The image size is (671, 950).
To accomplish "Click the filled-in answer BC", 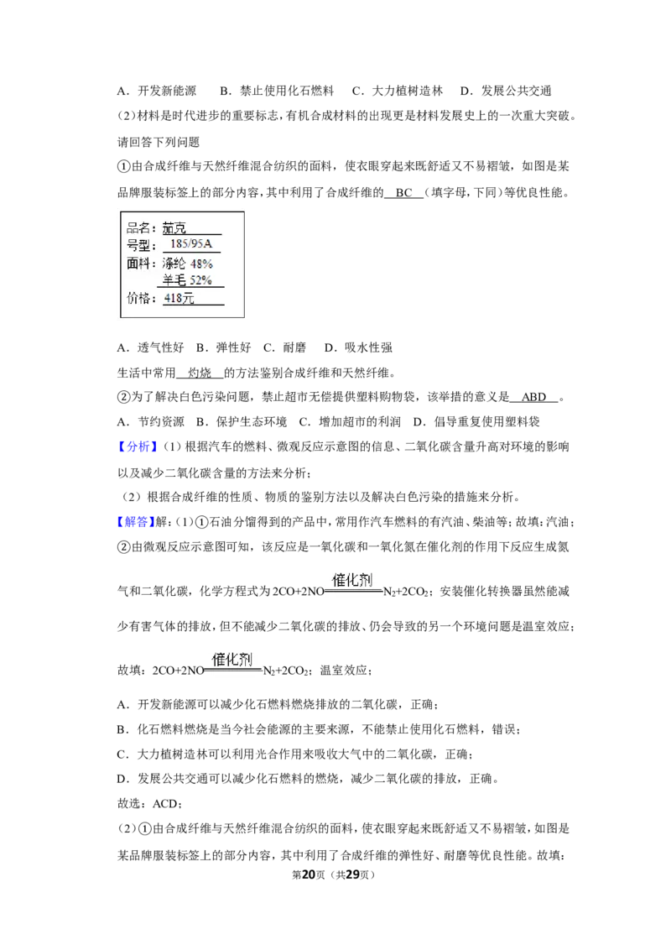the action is pyautogui.click(x=404, y=193).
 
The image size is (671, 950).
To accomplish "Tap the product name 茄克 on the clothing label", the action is pyautogui.click(x=174, y=227).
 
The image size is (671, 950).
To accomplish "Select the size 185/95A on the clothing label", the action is pyautogui.click(x=191, y=244).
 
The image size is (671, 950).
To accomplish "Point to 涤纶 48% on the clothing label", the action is pyautogui.click(x=187, y=264).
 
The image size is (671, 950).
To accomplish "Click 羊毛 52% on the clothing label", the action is pyautogui.click(x=187, y=280).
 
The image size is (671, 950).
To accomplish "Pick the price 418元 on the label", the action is pyautogui.click(x=179, y=298).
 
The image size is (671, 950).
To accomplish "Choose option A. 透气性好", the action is pyautogui.click(x=150, y=347).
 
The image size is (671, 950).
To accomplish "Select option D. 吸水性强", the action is pyautogui.click(x=358, y=347).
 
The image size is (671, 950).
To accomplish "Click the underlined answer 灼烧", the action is pyautogui.click(x=200, y=373).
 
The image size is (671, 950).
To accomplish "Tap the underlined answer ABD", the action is pyautogui.click(x=533, y=398).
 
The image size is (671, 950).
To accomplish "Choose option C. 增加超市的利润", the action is pyautogui.click(x=350, y=422).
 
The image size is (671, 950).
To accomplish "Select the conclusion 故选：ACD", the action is pyautogui.click(x=148, y=803).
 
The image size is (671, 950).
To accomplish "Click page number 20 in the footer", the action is pyautogui.click(x=309, y=874).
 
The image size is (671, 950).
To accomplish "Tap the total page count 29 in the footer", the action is pyautogui.click(x=352, y=874).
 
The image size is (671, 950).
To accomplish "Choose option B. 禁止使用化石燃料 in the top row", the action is pyautogui.click(x=278, y=91).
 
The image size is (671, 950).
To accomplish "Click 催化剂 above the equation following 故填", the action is pyautogui.click(x=232, y=659).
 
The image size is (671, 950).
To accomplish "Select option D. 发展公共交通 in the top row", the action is pyautogui.click(x=506, y=91).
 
